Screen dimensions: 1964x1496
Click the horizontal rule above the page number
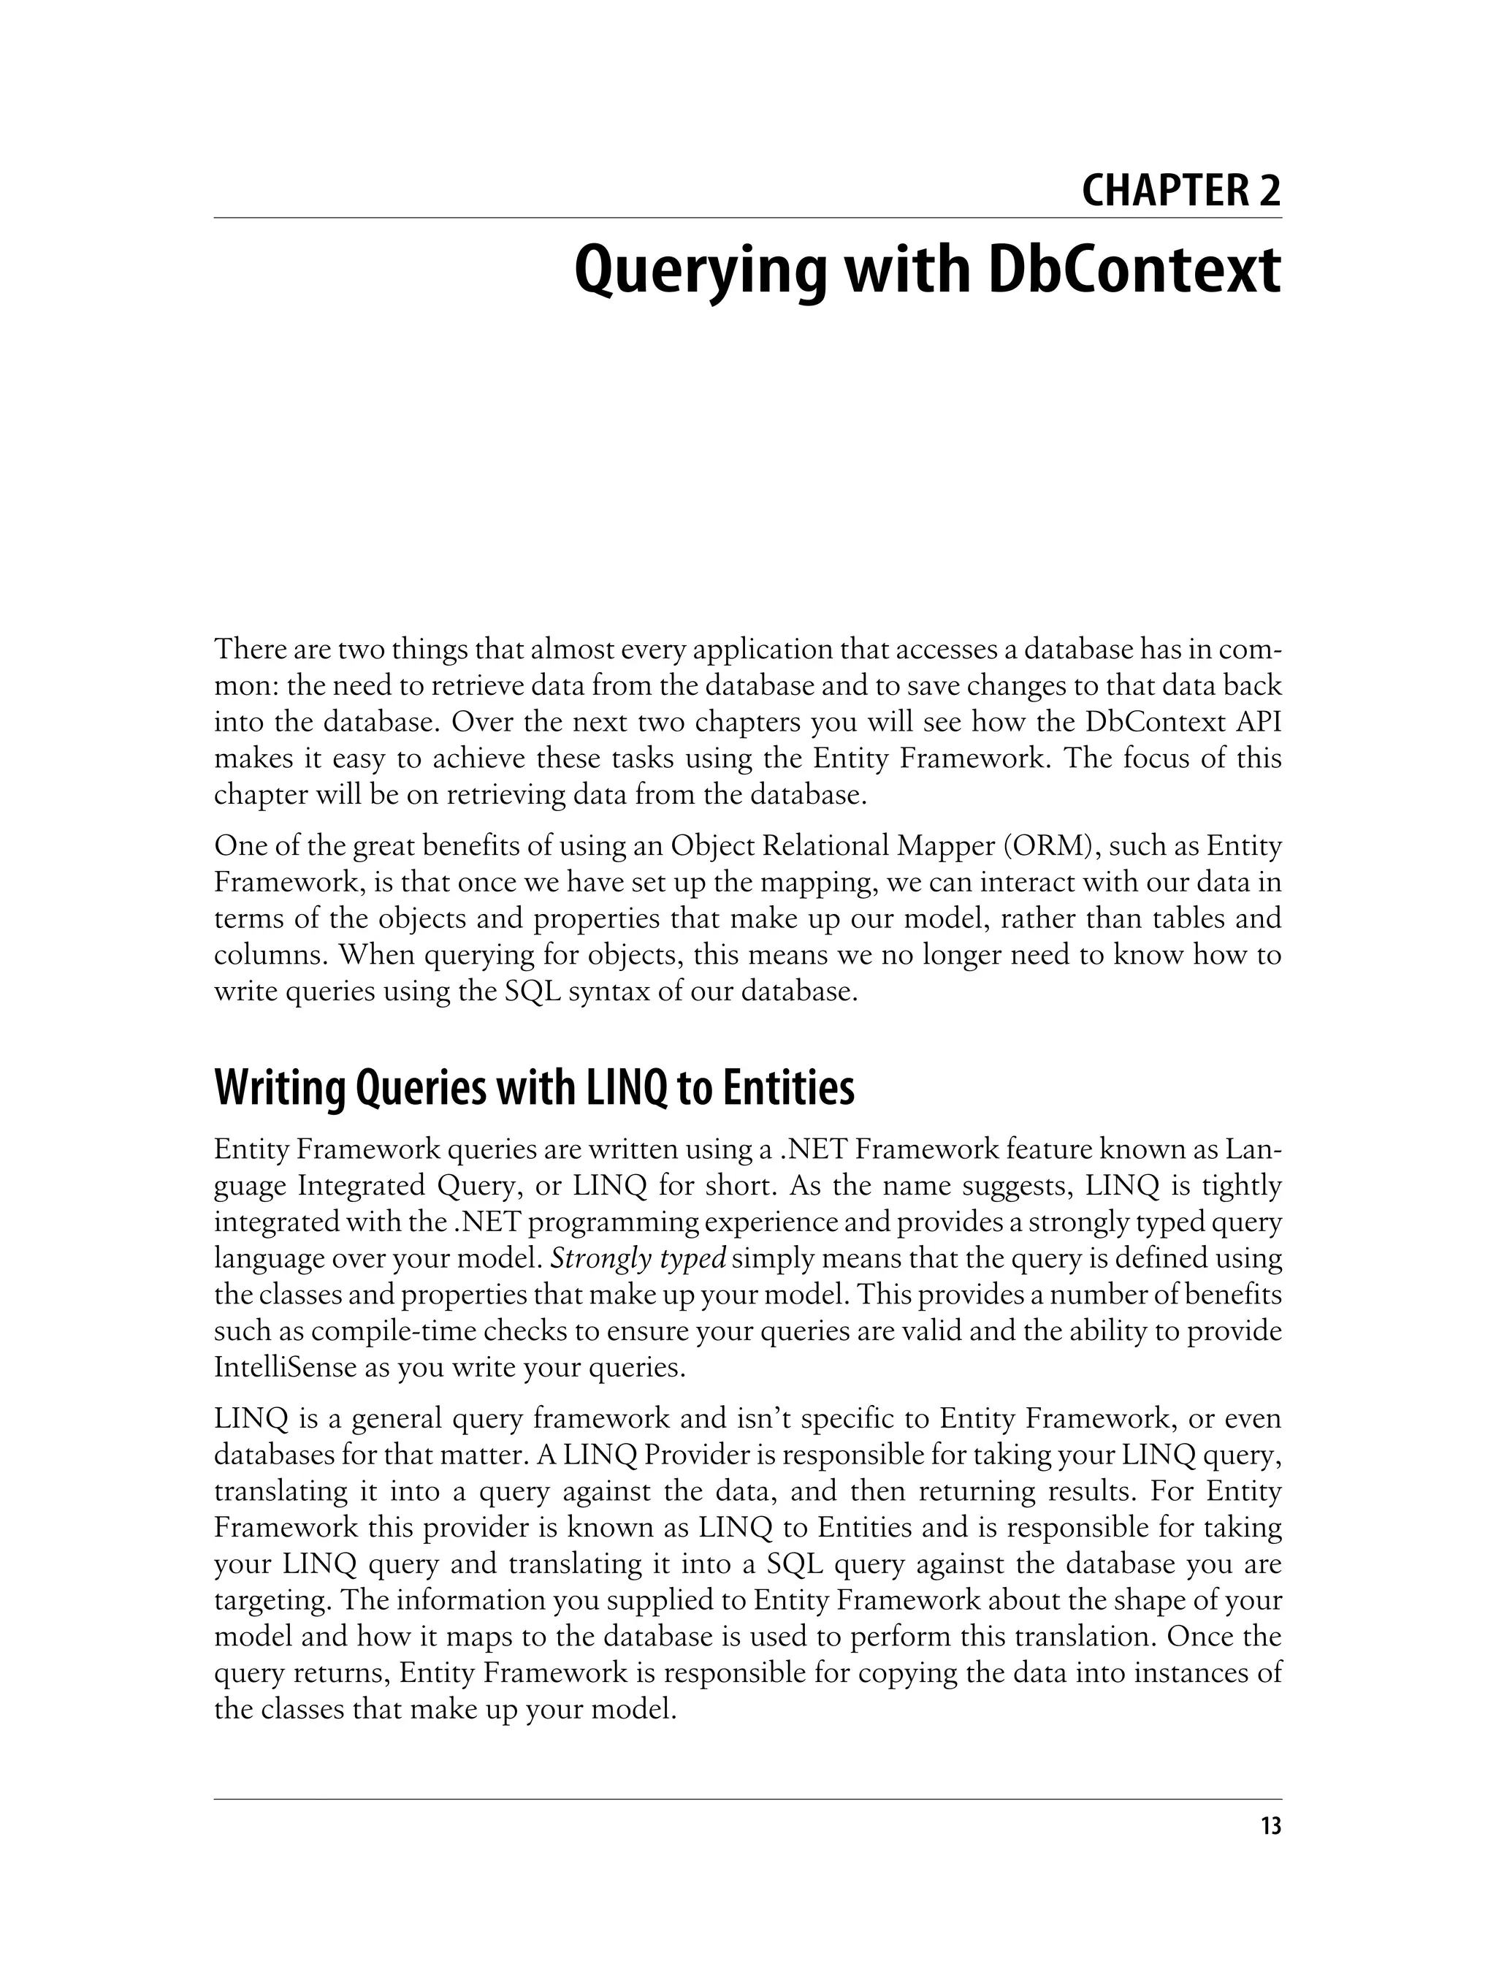(748, 1799)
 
